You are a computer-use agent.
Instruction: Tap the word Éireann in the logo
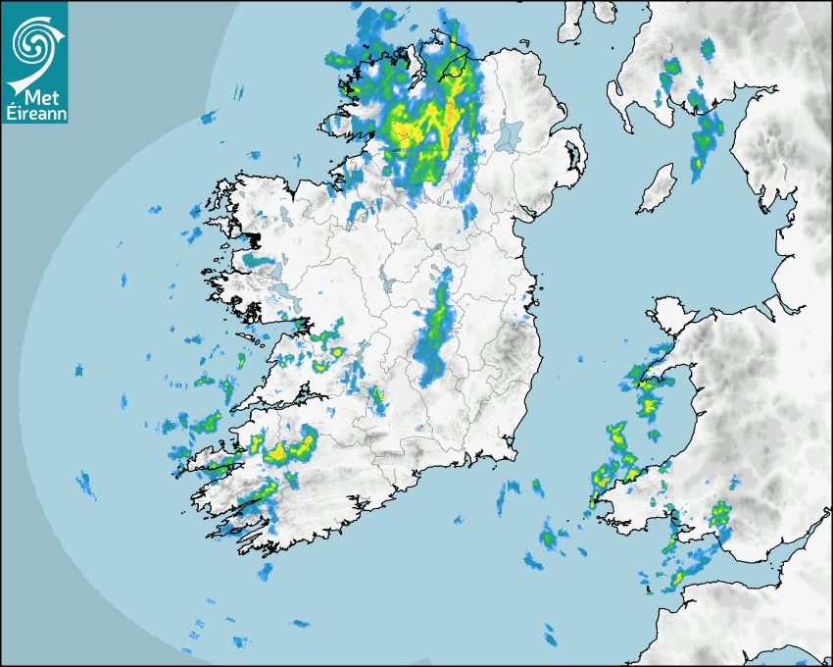tap(35, 114)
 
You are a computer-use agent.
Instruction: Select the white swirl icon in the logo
tap(32, 44)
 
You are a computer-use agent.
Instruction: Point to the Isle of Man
tap(658, 188)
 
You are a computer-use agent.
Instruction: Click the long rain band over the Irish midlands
tap(434, 333)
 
